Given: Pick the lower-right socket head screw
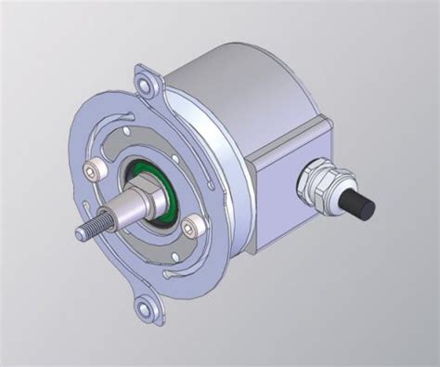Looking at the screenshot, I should pyautogui.click(x=194, y=226).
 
